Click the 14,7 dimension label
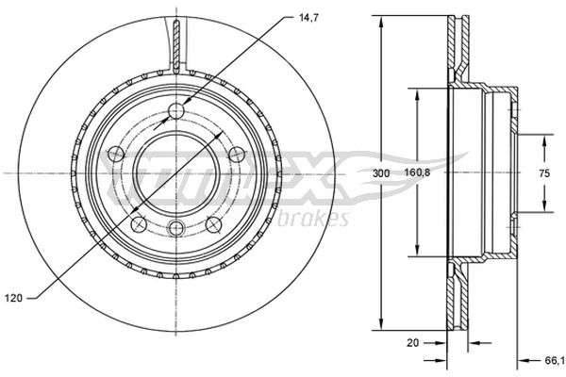tap(308, 18)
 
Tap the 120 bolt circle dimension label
tap(14, 298)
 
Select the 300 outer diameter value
tap(381, 173)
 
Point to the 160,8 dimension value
tap(416, 172)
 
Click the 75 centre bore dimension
tap(544, 173)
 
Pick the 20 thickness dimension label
tap(412, 342)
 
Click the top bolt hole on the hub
tap(176, 111)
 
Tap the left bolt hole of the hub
tap(116, 154)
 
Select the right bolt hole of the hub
tap(237, 154)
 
